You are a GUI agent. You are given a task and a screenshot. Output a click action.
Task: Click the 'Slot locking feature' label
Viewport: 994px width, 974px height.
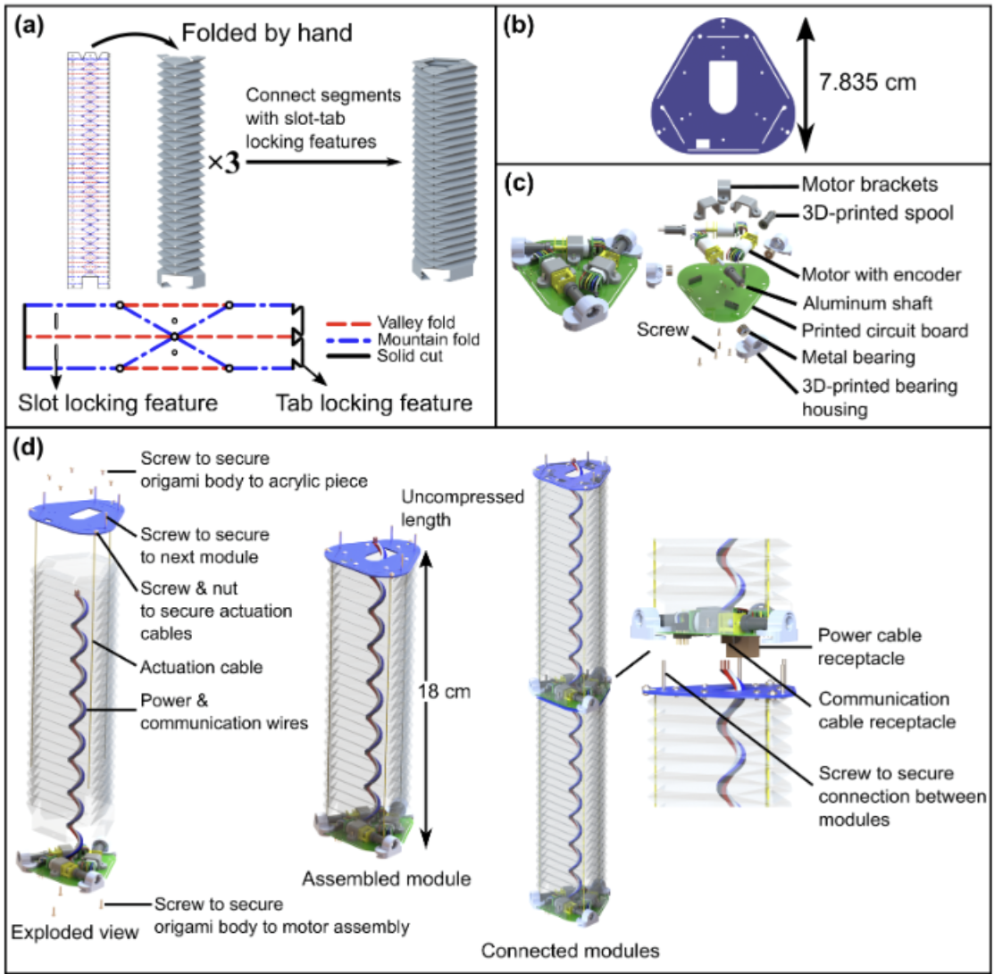pos(119,404)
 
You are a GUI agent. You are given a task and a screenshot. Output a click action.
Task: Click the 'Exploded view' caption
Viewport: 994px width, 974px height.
pos(75,933)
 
